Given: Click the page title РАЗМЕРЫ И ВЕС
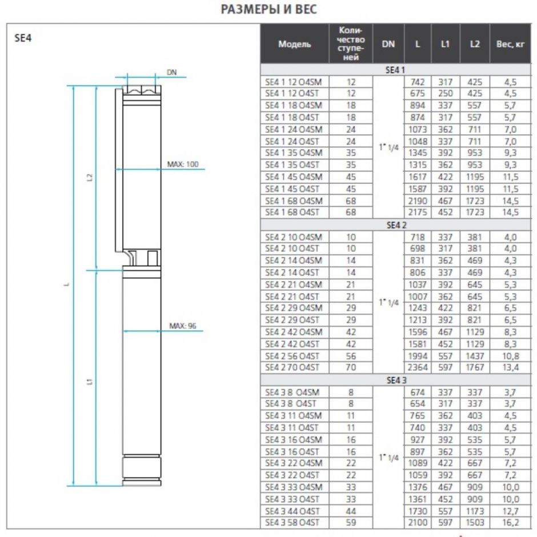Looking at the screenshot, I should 268,10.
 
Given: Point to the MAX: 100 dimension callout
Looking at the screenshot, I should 183,165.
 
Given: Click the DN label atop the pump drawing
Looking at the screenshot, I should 171,72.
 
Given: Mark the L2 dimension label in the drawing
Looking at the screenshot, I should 89,177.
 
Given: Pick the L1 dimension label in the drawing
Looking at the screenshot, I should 89,381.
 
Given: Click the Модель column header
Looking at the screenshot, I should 295,44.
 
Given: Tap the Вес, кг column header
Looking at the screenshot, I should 507,44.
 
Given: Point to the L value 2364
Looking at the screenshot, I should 418,367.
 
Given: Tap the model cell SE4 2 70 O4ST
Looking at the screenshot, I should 293,367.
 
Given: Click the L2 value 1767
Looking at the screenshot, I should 475,367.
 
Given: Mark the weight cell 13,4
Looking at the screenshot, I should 506,367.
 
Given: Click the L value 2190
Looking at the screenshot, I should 418,201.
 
